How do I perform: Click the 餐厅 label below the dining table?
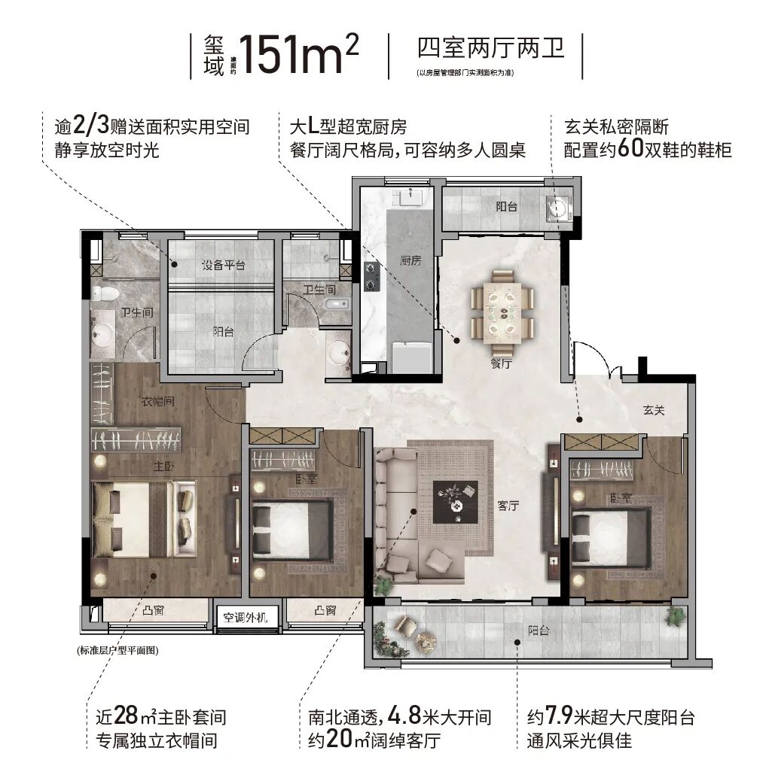pyautogui.click(x=501, y=363)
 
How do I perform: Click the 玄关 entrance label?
pyautogui.click(x=653, y=411)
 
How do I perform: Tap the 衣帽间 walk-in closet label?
pyautogui.click(x=158, y=401)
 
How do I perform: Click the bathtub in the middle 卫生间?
pyautogui.click(x=334, y=304)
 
